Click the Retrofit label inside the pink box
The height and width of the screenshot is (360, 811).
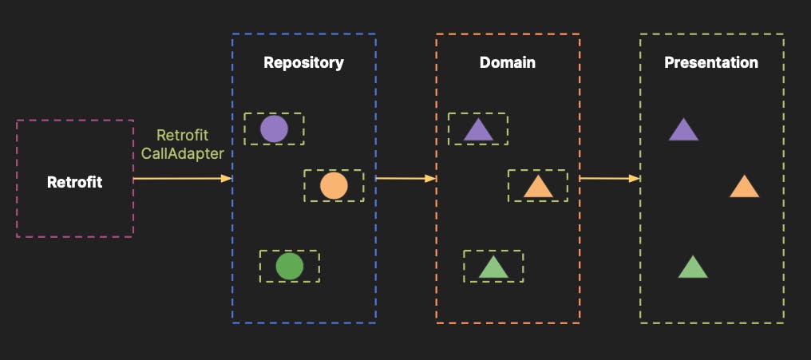pos(75,182)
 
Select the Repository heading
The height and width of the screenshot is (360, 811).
pos(303,62)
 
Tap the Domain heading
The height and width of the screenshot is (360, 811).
pos(508,62)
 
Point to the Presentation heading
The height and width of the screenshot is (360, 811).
pos(711,62)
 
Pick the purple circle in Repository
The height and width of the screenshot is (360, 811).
pos(274,129)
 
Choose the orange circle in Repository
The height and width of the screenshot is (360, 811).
pos(334,186)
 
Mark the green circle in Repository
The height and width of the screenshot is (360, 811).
pos(289,266)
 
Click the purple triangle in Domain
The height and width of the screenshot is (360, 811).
pos(478,130)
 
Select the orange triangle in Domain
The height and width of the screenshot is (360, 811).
pos(538,188)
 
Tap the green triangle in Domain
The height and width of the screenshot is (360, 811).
pos(493,267)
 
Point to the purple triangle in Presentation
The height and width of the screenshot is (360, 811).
pos(683,130)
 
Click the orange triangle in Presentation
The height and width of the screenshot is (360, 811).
pos(744,188)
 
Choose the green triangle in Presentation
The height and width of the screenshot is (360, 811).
pos(693,267)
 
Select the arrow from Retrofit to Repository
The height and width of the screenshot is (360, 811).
pos(182,179)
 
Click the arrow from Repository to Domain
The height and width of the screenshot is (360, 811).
pos(405,179)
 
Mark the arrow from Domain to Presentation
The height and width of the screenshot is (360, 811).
pos(610,179)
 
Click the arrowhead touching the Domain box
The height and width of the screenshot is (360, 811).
pos(431,179)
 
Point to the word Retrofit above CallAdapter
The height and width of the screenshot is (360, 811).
pos(183,135)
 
